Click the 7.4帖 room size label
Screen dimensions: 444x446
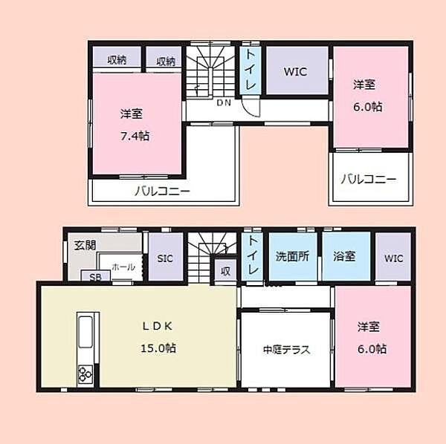134,136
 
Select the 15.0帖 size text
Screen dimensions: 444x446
158,347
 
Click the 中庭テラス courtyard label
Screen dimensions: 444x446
286,350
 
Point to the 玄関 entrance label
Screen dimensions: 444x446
80,247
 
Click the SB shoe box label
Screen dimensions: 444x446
96,277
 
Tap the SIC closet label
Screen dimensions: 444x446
165,258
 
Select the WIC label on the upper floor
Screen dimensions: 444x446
296,71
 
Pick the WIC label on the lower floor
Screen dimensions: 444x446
393,258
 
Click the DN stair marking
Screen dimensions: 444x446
224,103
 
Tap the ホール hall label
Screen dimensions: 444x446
123,266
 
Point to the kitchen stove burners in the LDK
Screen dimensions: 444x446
84,374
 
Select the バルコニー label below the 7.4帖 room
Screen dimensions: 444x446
162,191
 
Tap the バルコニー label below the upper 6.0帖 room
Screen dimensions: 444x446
369,179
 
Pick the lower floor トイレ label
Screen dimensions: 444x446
253,256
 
